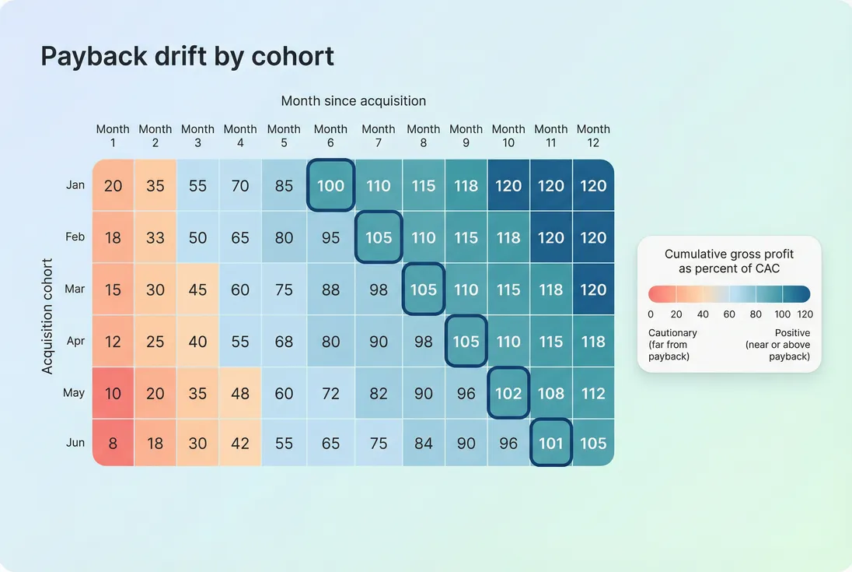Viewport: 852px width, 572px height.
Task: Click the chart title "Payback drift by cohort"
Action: (x=187, y=57)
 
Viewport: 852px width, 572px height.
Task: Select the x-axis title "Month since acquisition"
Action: (x=353, y=101)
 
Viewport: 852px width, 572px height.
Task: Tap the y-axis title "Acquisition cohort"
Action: (x=48, y=316)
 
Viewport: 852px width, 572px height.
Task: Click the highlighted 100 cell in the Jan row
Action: (x=331, y=185)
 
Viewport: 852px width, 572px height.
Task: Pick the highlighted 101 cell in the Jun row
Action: (x=550, y=443)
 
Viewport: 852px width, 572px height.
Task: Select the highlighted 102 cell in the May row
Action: (x=508, y=393)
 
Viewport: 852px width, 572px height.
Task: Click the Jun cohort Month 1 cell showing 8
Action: (x=113, y=443)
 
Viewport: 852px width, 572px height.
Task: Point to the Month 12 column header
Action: (x=593, y=135)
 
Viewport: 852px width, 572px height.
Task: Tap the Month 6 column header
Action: (x=331, y=135)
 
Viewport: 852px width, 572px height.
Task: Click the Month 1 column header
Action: (x=113, y=135)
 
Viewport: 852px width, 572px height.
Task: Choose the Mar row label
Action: (x=75, y=289)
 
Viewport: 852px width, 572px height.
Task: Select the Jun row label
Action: (x=75, y=442)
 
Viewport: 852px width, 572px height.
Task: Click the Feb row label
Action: (x=75, y=237)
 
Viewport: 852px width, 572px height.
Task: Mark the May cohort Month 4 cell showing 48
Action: (x=240, y=393)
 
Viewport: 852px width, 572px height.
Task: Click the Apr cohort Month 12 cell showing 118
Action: (x=593, y=341)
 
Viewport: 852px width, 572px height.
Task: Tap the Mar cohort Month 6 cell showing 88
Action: (x=331, y=289)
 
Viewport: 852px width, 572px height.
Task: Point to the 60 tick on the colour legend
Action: (x=730, y=314)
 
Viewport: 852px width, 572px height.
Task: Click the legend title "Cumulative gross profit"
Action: (x=729, y=254)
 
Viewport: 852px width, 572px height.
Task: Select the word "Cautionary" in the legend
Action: (x=672, y=333)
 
